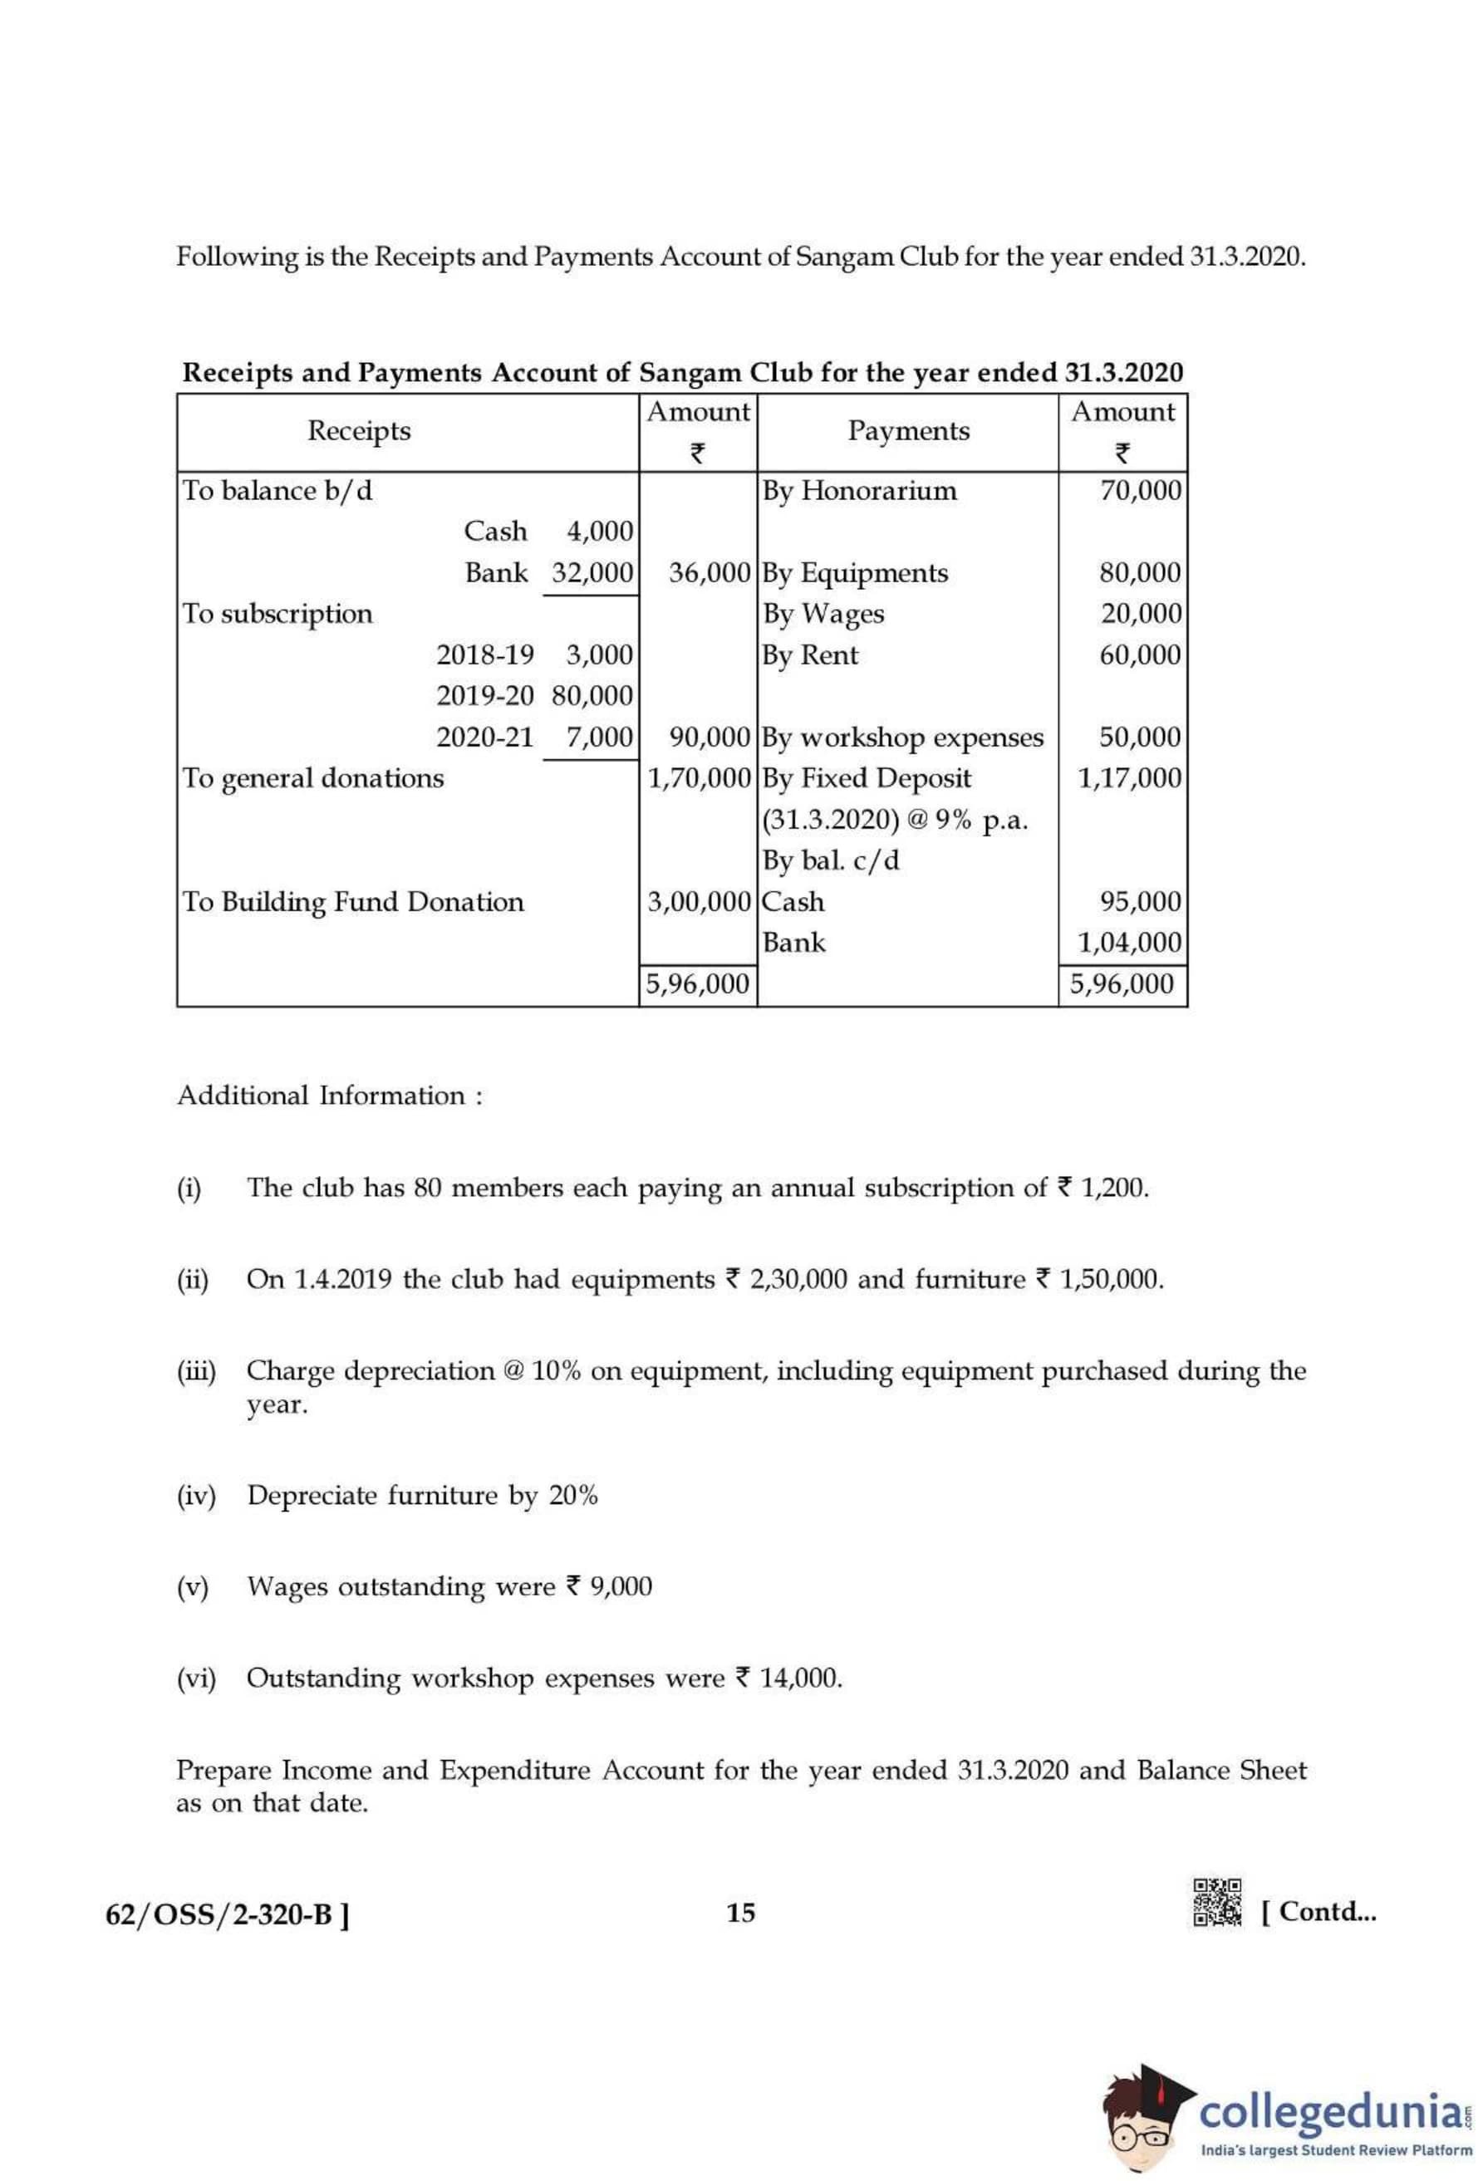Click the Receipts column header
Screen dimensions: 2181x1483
pos(359,431)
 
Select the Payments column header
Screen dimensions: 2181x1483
pos(907,431)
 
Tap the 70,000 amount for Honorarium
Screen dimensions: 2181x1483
pos(1140,491)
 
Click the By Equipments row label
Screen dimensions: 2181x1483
pos(855,572)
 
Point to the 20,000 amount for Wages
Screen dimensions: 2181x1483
pos(1141,614)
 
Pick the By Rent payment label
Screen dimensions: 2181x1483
pos(810,655)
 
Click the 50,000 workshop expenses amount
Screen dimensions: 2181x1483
pos(1140,737)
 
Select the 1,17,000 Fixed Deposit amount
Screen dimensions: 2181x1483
pos(1129,778)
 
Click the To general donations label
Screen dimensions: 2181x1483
pos(313,778)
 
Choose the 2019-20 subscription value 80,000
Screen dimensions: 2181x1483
pos(592,696)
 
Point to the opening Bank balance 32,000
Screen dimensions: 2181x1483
pos(592,572)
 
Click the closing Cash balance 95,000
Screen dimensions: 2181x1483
pos(1140,902)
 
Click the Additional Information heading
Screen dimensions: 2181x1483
pos(330,1095)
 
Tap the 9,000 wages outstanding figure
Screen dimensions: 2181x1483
pos(620,1586)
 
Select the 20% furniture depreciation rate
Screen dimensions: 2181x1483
pos(572,1495)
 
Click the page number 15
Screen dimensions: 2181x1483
pos(740,1912)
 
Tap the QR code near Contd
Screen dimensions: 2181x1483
pos(1217,1902)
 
